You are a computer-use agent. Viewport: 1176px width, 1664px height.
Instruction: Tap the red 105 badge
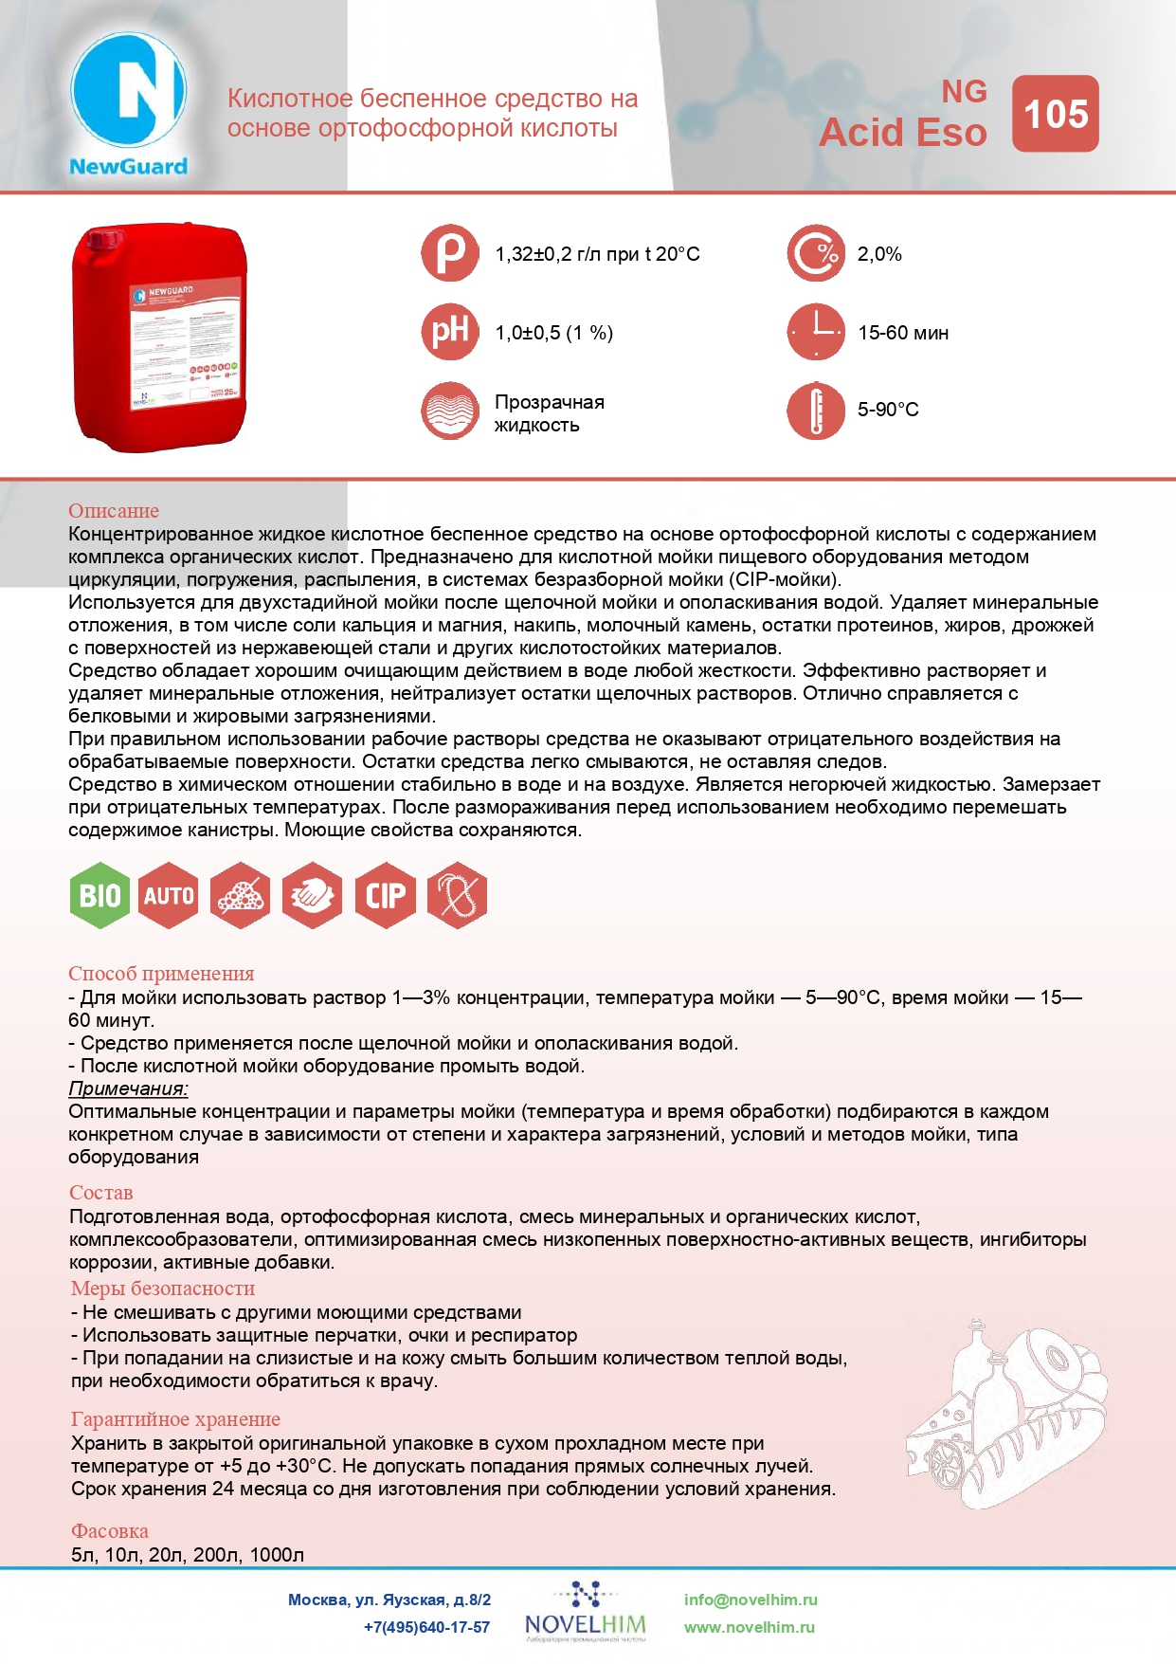(1055, 114)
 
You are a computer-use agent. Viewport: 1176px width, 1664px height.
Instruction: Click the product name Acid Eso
(902, 133)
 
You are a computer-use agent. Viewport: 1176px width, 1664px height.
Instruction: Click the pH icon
(450, 332)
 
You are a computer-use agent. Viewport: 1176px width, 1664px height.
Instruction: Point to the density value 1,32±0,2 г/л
(597, 254)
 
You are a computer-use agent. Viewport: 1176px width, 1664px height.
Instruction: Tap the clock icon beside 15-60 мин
(815, 332)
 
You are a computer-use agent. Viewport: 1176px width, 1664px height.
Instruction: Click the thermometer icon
(815, 411)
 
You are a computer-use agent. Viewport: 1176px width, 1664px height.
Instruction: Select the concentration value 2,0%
(879, 254)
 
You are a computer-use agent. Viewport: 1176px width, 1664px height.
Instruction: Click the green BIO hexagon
(100, 895)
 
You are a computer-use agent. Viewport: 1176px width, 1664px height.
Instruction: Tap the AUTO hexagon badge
(169, 895)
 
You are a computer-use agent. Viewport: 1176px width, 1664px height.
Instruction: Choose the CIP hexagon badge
(386, 895)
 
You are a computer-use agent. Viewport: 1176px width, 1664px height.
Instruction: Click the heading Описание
(114, 511)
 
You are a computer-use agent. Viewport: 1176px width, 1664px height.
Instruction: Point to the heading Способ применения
(161, 974)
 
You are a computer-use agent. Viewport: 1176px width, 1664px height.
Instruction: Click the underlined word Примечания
(128, 1088)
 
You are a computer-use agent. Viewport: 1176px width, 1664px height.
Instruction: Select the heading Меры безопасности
(163, 1289)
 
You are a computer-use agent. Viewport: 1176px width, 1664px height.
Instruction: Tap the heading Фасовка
(110, 1531)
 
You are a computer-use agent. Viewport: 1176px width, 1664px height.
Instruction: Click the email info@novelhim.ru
(751, 1600)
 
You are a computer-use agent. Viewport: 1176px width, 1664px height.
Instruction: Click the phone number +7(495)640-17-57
(426, 1627)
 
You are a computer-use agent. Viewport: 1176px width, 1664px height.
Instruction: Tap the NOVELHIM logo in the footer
(586, 1612)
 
